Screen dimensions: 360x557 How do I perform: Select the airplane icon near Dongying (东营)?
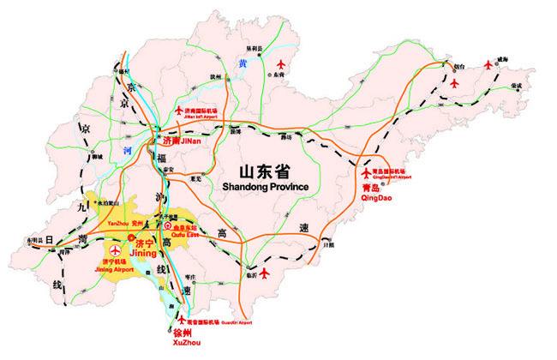284,64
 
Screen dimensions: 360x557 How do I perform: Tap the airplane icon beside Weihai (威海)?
490,63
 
